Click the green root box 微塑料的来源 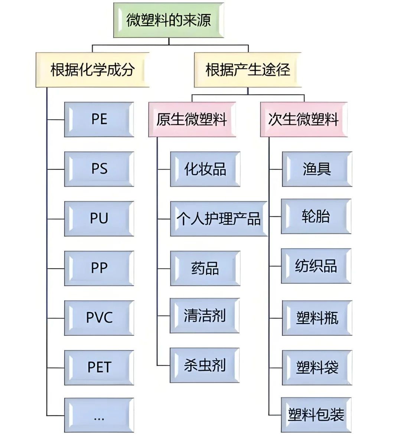[169, 20]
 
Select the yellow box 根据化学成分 [92, 70]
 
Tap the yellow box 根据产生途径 [248, 70]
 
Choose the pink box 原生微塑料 [192, 120]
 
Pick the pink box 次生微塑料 [304, 120]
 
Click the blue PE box [99, 120]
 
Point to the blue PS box [99, 169]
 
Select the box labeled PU [99, 219]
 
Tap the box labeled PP [99, 268]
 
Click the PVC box [99, 318]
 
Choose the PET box [99, 368]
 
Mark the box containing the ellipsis [99, 415]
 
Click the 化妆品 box [205, 169]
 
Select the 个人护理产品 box [219, 219]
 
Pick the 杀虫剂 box [205, 365]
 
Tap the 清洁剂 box [205, 316]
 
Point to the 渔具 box [317, 169]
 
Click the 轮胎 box [316, 216]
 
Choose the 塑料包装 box [316, 415]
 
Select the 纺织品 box [316, 266]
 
